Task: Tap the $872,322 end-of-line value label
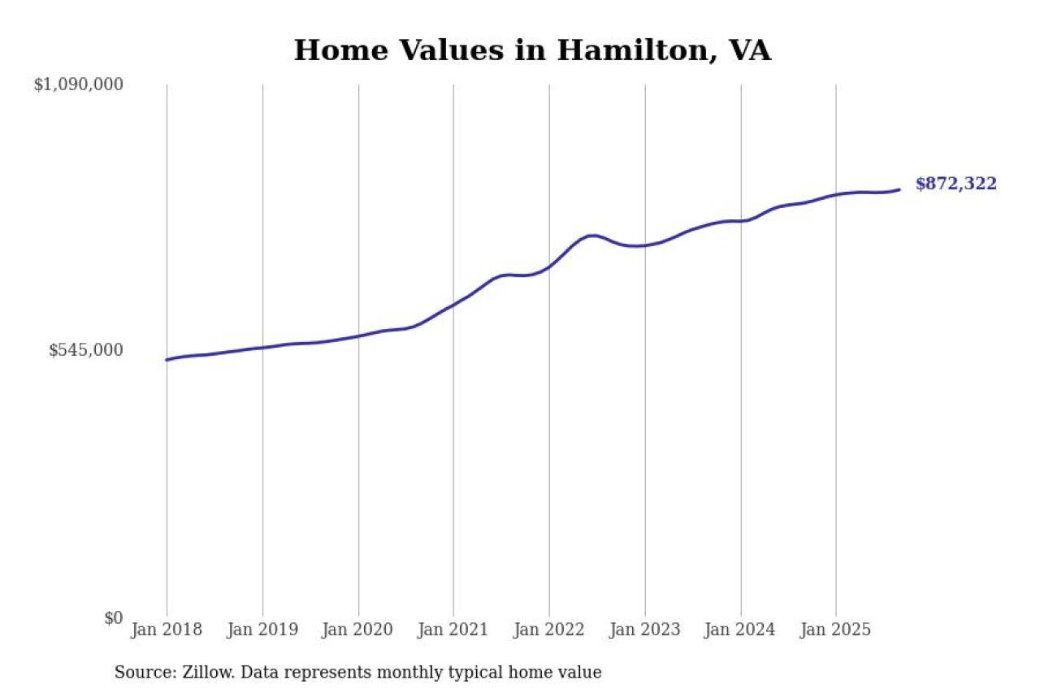955,184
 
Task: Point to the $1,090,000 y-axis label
78,84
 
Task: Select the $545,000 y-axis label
86,350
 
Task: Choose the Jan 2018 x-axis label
167,630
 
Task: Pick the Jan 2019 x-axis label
262,630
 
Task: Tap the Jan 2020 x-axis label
358,630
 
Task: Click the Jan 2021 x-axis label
453,630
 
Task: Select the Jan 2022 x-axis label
549,630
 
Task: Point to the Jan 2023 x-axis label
645,630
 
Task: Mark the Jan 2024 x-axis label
740,630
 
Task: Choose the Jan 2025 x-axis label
836,630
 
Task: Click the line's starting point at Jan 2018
167,360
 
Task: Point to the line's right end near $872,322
899,189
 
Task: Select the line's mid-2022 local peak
593,236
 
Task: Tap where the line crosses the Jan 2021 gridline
453,304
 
